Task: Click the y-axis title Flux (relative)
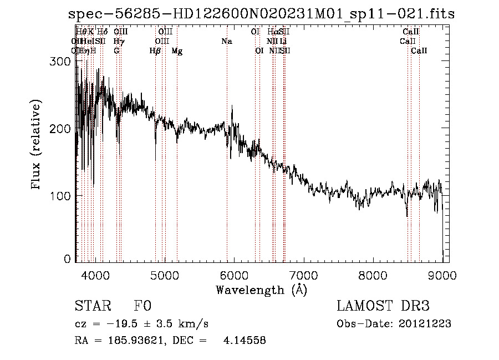pos(37,145)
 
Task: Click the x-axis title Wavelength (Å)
pos(261,290)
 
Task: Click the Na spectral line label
pos(226,41)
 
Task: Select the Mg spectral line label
pos(177,51)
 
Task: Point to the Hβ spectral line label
pos(155,51)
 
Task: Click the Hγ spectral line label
pos(118,41)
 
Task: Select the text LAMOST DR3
pos(383,306)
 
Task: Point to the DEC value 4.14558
pos(245,341)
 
